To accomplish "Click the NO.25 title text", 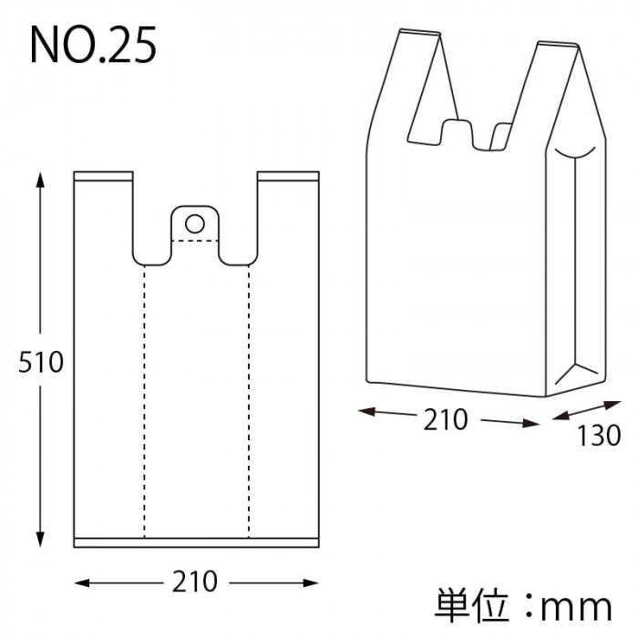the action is coord(93,45).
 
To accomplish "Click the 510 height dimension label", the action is coord(41,362).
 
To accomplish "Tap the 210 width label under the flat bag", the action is coord(195,581).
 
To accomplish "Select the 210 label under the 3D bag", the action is coord(446,420).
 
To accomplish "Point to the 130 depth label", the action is coord(599,436).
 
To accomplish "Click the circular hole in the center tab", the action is coord(195,224).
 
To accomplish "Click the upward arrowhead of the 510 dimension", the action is coord(40,180).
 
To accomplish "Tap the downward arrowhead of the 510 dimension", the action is coord(40,540).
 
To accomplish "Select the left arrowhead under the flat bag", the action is coord(82,583).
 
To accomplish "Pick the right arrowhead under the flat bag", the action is coord(311,583).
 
